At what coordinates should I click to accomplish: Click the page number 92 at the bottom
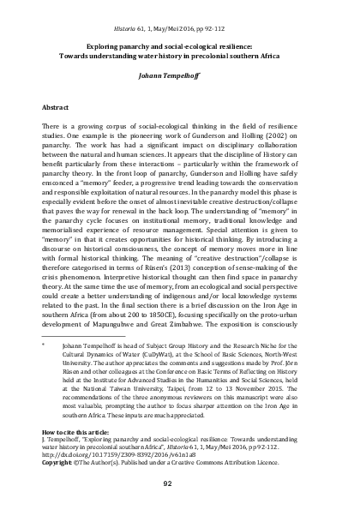click(x=180, y=483)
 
